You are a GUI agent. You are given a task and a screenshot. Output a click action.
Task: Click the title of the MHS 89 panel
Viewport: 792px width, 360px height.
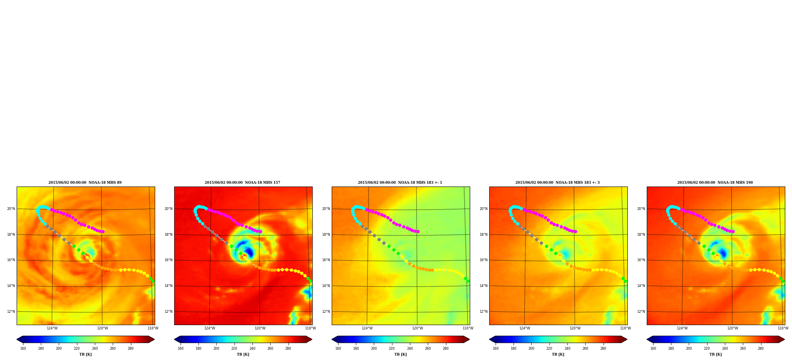coord(85,183)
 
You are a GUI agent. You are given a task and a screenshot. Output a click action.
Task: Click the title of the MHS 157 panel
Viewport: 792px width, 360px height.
coord(242,183)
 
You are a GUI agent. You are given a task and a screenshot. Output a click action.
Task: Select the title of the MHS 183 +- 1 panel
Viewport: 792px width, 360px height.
coord(400,183)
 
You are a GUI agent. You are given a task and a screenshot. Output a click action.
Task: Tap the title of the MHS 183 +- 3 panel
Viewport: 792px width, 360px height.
coord(557,183)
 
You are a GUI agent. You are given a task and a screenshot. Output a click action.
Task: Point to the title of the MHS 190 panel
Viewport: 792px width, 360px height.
coord(715,183)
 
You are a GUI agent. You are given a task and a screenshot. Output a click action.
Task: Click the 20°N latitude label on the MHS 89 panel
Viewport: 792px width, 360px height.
coord(11,209)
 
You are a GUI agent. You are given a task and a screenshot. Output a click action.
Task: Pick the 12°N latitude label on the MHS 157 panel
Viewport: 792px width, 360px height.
coord(168,312)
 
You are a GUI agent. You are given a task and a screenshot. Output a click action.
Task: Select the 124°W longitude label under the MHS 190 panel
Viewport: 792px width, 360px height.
coord(682,328)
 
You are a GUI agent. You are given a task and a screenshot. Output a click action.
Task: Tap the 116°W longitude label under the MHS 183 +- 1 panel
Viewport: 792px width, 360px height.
coord(468,328)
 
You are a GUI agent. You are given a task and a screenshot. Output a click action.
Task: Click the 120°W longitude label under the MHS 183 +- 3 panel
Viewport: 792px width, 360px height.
coord(575,328)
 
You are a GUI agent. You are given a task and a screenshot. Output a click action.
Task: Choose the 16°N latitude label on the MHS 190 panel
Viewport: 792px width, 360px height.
coord(641,260)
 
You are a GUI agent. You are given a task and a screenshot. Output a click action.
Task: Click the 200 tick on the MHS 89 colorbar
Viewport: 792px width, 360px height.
coord(59,348)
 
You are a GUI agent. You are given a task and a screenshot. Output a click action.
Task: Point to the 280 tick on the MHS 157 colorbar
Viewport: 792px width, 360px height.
coord(288,348)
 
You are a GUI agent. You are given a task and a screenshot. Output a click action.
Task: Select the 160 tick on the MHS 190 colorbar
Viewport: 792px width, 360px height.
coord(653,348)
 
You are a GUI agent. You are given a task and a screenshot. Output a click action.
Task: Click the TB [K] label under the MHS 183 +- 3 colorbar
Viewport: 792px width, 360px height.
coord(558,354)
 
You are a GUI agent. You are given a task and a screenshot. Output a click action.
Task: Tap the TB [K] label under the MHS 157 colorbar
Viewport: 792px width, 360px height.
coord(243,354)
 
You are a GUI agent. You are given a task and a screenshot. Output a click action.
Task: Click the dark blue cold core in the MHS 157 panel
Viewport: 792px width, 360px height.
coord(249,252)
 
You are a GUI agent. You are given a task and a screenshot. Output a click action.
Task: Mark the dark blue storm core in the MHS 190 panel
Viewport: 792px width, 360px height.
coord(722,253)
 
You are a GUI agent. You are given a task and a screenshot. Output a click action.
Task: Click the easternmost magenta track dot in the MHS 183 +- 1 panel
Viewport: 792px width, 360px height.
coord(418,231)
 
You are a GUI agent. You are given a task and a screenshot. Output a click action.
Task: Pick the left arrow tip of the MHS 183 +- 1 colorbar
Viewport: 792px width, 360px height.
coord(332,339)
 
